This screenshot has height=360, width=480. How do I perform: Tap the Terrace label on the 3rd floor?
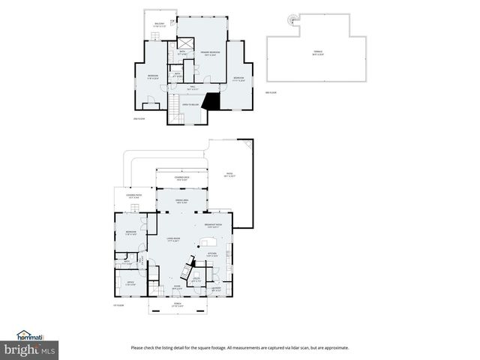click(308, 53)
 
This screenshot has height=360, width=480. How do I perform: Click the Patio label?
click(229, 175)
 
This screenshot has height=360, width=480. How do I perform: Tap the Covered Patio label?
click(134, 197)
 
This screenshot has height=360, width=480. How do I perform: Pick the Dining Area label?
click(181, 201)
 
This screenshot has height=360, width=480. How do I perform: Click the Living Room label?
click(175, 240)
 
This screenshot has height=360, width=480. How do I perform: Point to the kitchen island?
click(208, 243)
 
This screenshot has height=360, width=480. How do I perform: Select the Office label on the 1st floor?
click(130, 283)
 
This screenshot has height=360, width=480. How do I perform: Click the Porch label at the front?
click(178, 305)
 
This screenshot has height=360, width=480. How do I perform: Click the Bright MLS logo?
click(30, 349)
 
